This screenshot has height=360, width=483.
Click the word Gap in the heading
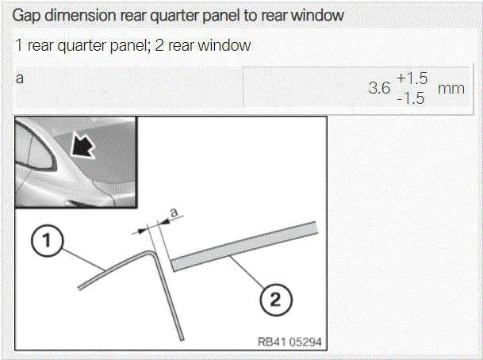click(26, 15)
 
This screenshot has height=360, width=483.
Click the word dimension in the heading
click(80, 14)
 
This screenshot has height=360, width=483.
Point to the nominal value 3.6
click(379, 88)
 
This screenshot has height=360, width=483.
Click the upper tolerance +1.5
click(412, 79)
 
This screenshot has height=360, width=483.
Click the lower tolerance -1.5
click(411, 98)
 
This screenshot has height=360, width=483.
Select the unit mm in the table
click(451, 89)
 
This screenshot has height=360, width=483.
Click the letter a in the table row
click(20, 79)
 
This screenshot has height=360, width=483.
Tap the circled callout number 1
click(47, 241)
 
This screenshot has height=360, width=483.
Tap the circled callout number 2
click(275, 299)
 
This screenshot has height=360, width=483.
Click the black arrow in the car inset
click(82, 144)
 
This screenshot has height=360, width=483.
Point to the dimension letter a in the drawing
click(174, 213)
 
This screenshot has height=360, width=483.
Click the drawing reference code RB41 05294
click(289, 342)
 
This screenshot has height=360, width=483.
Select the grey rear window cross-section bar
click(244, 247)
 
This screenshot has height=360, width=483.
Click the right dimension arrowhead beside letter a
click(165, 220)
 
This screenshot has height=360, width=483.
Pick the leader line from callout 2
click(247, 272)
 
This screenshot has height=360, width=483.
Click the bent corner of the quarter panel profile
click(151, 252)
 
